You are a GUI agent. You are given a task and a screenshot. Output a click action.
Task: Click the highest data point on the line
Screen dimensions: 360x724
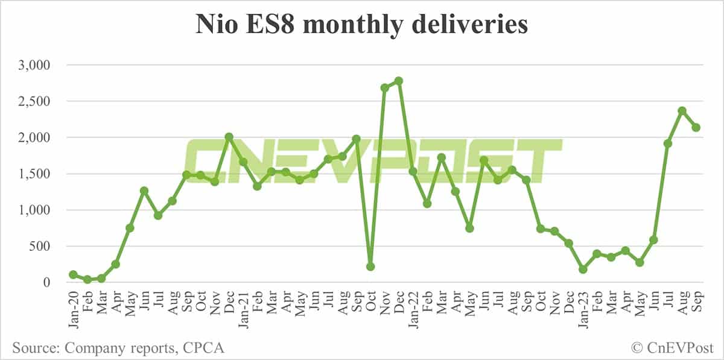399,81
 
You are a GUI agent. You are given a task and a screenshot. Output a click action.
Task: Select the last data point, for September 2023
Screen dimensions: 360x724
696,127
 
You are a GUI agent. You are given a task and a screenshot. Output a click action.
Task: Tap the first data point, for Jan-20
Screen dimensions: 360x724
73,274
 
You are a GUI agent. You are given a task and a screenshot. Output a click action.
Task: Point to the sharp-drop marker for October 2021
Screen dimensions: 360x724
370,267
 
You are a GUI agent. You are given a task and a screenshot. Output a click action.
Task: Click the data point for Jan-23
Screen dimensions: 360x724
582,270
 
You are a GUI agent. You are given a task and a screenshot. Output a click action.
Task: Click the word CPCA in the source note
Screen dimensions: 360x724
206,348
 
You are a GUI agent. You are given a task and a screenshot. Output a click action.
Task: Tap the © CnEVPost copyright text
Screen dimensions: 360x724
673,348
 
